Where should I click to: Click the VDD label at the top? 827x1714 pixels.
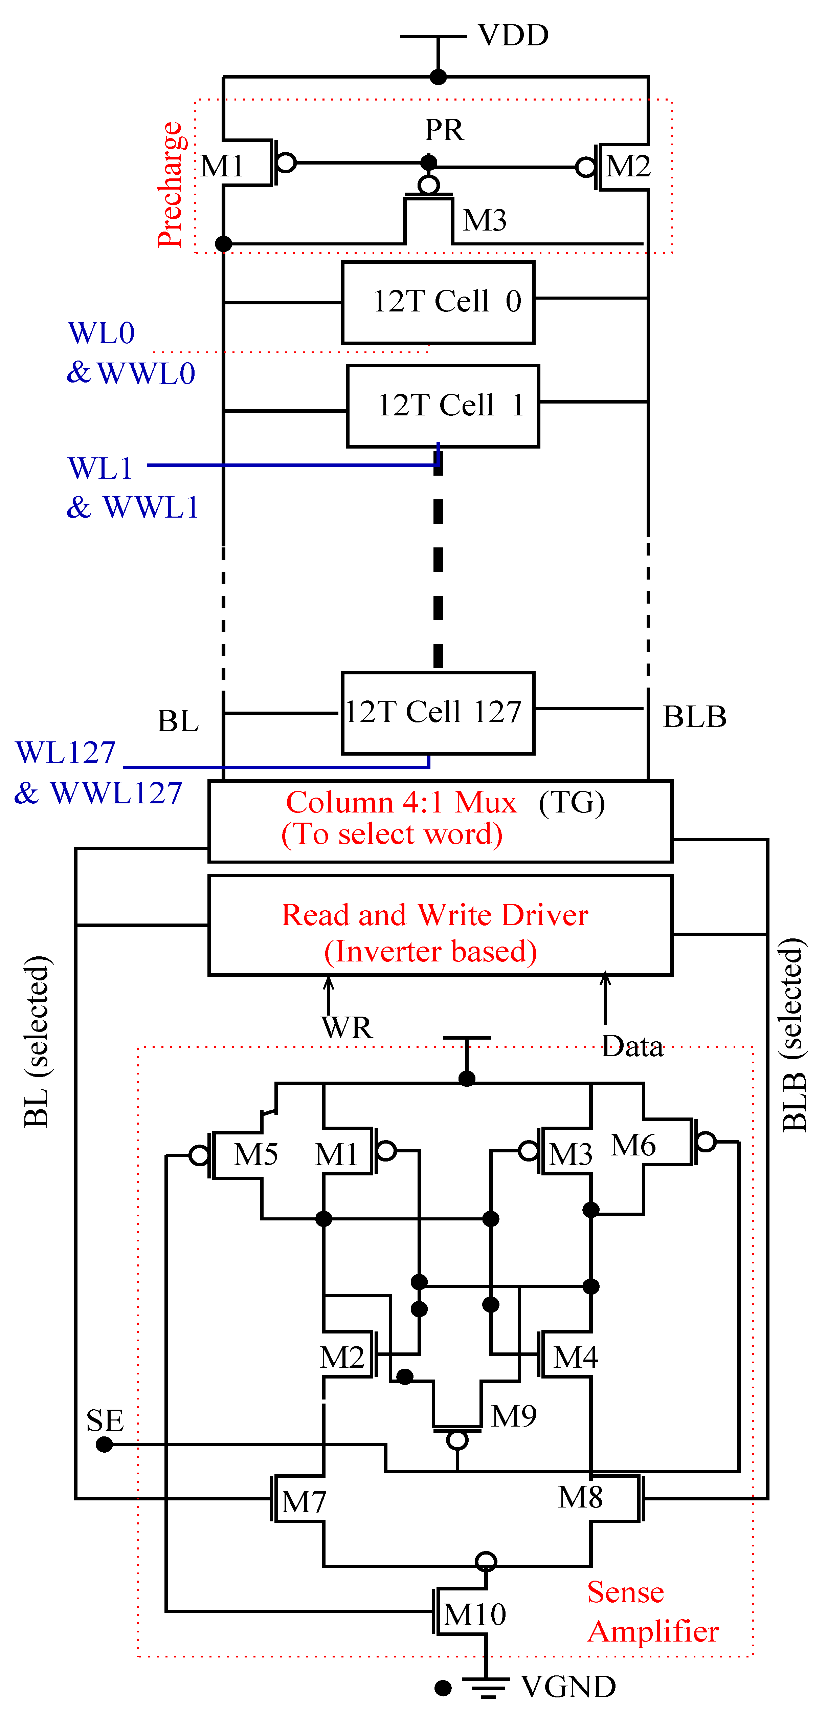click(513, 35)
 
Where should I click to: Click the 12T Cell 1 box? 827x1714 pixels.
click(443, 406)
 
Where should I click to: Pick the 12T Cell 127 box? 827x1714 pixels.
click(438, 713)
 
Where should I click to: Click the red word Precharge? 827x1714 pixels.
click(171, 185)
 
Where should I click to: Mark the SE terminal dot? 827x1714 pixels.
click(105, 1445)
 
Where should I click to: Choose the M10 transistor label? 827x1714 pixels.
click(474, 1614)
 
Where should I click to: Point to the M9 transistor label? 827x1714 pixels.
click(514, 1416)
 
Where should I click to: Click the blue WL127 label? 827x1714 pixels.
click(65, 753)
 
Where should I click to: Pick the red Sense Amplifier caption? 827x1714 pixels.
click(652, 1611)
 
